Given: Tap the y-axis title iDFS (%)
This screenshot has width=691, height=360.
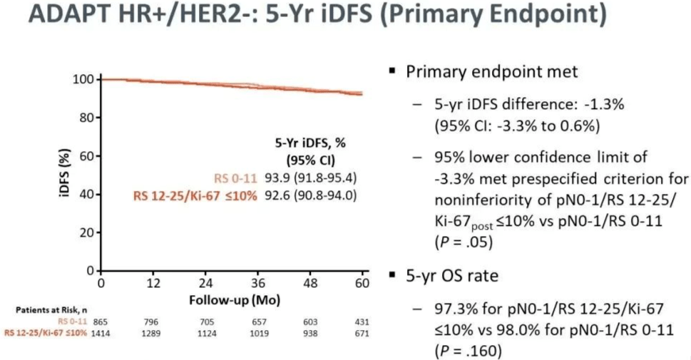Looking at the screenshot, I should (65, 175).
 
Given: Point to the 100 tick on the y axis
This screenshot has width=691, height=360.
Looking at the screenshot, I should (83, 79).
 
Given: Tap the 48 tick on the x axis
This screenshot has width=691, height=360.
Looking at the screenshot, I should (310, 283).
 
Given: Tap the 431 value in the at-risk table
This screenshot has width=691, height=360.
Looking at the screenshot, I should (362, 322).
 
